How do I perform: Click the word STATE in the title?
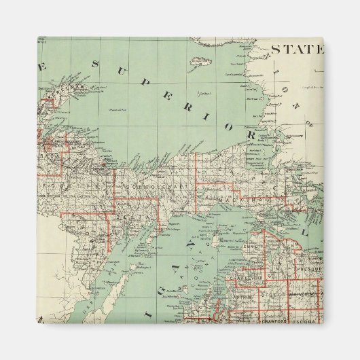tap(296, 49)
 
